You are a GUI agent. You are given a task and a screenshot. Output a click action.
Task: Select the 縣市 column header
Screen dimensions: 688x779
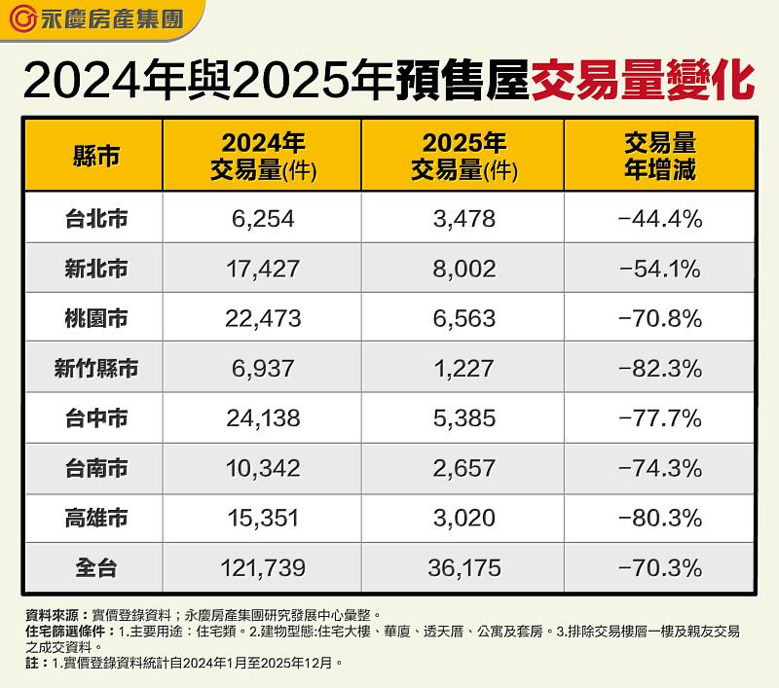point(95,156)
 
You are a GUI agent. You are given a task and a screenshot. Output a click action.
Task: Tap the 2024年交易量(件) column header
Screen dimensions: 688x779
point(262,156)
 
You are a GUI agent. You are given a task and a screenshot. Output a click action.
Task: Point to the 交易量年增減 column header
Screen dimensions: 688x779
point(659,156)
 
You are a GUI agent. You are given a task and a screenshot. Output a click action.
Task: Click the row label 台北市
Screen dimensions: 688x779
point(95,218)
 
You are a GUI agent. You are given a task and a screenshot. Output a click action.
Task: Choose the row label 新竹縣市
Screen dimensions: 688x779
point(95,368)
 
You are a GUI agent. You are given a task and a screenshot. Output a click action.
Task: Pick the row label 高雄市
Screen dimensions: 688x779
point(95,517)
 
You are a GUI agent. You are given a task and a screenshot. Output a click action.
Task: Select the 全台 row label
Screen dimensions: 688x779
point(95,567)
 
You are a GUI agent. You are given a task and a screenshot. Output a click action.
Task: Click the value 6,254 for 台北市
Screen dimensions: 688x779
point(262,219)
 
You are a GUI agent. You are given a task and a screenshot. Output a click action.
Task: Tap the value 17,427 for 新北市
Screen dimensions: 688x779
point(262,269)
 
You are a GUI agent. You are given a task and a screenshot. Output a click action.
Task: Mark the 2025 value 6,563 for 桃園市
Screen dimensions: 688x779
point(462,318)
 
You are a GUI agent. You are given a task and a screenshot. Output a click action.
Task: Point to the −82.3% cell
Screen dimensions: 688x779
point(659,368)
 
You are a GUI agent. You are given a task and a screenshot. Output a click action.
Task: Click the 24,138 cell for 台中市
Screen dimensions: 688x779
point(262,417)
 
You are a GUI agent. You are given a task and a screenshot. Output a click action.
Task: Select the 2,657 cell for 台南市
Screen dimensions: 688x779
point(462,467)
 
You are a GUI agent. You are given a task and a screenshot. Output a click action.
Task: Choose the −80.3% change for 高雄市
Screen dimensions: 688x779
point(659,517)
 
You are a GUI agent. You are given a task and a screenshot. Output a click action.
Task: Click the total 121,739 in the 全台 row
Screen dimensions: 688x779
point(262,567)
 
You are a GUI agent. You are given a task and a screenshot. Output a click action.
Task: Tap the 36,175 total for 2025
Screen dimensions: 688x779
point(462,567)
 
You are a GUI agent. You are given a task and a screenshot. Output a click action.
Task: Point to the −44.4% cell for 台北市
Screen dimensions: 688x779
point(659,219)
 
